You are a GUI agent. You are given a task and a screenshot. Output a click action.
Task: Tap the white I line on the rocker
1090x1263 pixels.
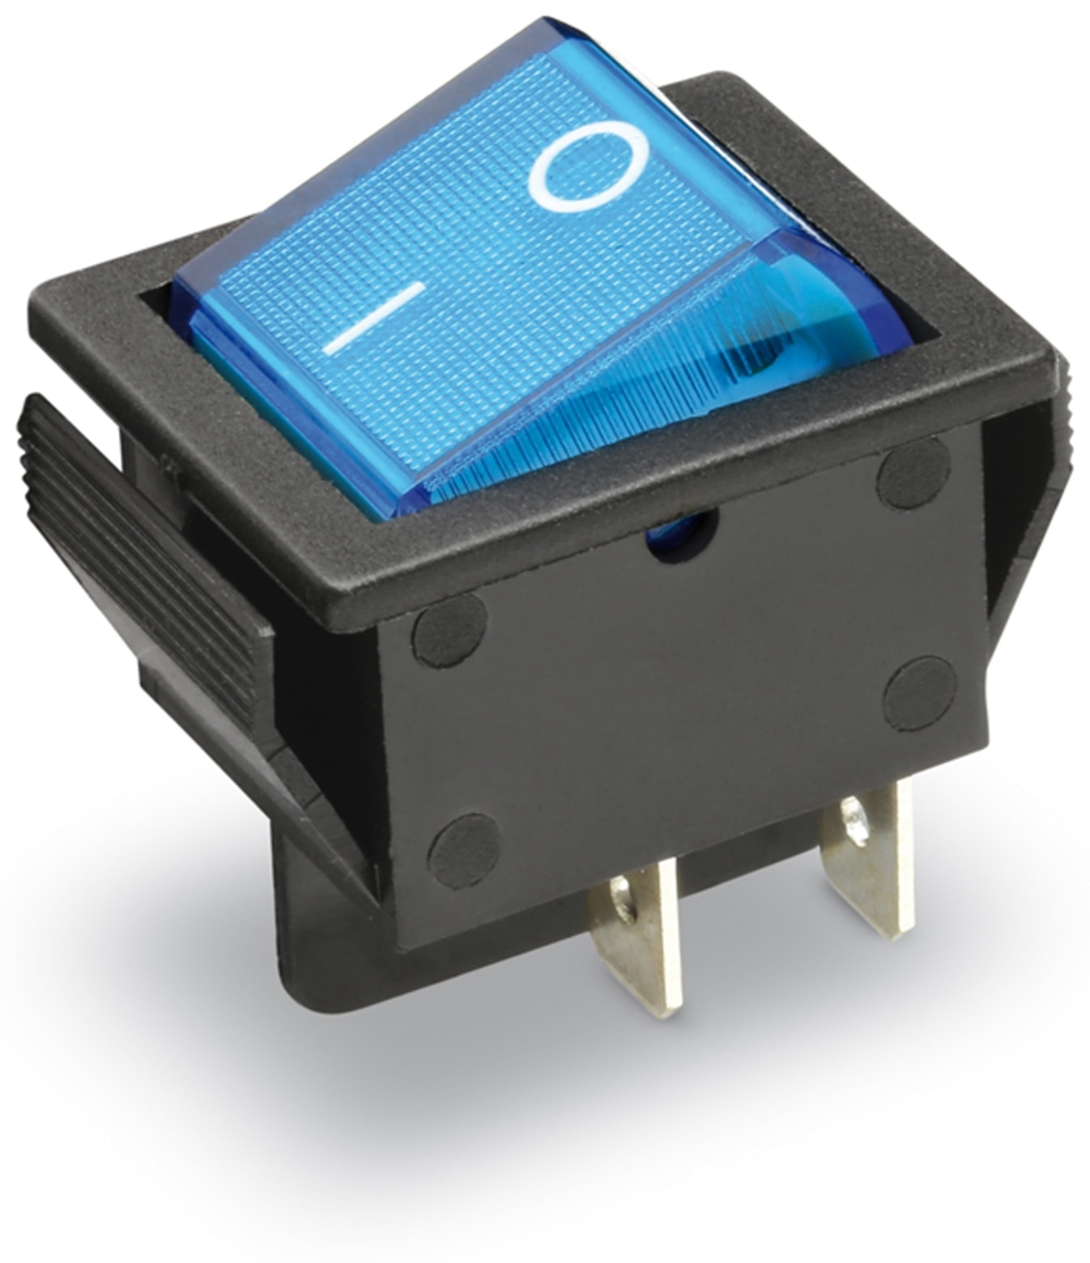coord(374,318)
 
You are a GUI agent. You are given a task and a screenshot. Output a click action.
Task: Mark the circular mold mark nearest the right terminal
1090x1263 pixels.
coord(919,694)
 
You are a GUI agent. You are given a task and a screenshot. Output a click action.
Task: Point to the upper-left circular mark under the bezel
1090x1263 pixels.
coord(449,630)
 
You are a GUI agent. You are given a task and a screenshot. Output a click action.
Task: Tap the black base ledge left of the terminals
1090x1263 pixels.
coord(340,955)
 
